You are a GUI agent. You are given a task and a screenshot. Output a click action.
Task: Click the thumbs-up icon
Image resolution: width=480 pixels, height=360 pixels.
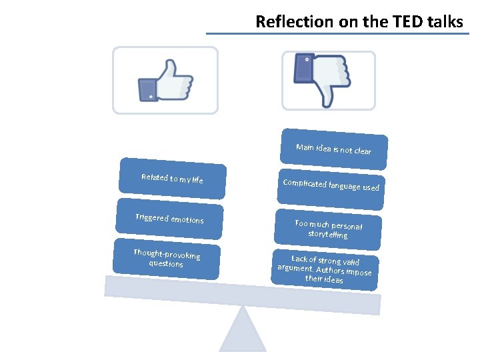(x=165, y=80)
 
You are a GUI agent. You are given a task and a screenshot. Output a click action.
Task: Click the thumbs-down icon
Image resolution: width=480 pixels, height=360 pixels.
(x=323, y=79)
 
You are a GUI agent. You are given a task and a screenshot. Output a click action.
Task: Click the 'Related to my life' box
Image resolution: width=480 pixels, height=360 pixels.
(x=172, y=179)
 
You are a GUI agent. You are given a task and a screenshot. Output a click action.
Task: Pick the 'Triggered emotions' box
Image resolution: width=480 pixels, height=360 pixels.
(x=169, y=219)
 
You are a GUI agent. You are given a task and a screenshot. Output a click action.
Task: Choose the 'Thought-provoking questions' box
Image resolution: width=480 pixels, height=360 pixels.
(x=166, y=257)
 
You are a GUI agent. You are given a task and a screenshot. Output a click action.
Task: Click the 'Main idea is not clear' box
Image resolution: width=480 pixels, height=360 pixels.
(x=333, y=149)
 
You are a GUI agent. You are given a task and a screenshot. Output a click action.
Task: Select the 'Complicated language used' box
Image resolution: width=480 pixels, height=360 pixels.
(x=331, y=185)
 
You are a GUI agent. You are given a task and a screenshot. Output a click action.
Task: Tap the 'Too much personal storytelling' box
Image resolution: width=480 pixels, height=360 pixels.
(x=328, y=229)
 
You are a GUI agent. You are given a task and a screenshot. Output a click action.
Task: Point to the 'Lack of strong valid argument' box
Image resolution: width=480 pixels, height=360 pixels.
(x=325, y=269)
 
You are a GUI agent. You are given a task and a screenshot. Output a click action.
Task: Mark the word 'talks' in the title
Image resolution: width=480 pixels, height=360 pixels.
(x=445, y=22)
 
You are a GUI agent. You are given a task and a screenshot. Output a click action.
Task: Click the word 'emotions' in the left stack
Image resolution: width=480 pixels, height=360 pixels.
(x=187, y=220)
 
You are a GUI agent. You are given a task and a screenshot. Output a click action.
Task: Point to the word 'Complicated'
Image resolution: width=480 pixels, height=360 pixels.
(x=305, y=183)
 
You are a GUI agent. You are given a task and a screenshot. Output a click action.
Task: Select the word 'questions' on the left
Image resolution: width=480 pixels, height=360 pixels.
(x=165, y=263)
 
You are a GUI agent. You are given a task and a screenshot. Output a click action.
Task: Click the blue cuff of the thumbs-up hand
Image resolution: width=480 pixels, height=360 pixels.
(x=147, y=89)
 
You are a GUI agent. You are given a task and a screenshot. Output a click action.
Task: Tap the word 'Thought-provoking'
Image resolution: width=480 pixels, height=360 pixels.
(x=167, y=253)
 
